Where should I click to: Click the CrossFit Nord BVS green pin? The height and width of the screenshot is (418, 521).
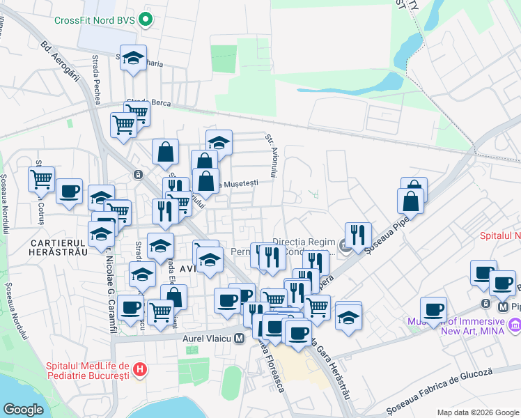146,20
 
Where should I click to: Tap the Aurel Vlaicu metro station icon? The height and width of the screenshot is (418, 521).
240,339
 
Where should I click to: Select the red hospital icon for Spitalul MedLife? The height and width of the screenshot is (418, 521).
141,367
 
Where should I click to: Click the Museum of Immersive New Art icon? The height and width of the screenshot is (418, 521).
515,325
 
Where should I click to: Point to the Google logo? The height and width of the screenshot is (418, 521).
23,410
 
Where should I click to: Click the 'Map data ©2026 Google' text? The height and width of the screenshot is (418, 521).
478,412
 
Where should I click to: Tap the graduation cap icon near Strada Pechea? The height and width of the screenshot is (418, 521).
134,59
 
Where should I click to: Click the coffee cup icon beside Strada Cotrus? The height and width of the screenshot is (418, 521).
68,191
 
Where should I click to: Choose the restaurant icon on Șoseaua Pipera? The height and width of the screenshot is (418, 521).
358,235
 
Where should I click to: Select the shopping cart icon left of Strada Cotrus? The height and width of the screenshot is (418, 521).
41,179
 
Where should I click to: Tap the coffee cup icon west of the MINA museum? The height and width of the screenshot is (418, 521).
433,309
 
